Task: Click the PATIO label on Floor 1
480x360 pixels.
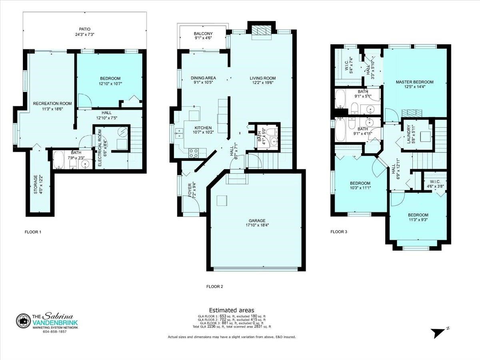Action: (85, 29)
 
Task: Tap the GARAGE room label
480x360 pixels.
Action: (257, 221)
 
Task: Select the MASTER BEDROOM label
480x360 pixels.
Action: (415, 82)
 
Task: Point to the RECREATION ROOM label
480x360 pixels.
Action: (52, 103)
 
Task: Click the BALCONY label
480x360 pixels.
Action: (203, 34)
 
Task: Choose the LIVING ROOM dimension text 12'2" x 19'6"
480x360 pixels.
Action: (263, 83)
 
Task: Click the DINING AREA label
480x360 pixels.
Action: (203, 78)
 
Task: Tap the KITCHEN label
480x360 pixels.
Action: (203, 128)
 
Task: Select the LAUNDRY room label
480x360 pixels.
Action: (408, 134)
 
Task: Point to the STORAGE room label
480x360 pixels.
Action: (36, 184)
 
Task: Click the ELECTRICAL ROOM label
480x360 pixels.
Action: (100, 148)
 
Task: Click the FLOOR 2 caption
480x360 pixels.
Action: (214, 286)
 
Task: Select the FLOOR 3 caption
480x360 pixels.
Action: (338, 232)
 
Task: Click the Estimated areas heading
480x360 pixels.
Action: (232, 310)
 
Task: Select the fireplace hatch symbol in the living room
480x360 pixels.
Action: (262, 31)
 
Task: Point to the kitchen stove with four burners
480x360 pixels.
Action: (194, 153)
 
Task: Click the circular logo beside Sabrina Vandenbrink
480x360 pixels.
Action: (23, 321)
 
